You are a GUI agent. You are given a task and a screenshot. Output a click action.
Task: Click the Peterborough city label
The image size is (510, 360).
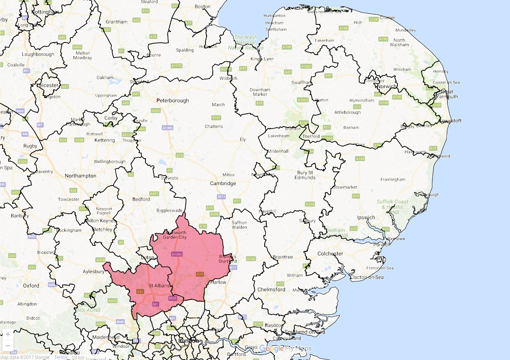pyautogui.click(x=172, y=100)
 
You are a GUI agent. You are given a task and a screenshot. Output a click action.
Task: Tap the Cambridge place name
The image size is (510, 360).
pyautogui.click(x=223, y=184)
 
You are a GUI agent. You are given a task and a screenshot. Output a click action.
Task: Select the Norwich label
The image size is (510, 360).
pyautogui.click(x=387, y=86)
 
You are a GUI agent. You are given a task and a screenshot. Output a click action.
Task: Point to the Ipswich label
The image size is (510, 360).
pyautogui.click(x=366, y=217)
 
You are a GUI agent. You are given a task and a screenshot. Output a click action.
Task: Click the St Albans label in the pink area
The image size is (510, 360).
pyautogui.click(x=158, y=286)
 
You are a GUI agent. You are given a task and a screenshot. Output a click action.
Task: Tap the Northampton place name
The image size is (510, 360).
pyautogui.click(x=80, y=175)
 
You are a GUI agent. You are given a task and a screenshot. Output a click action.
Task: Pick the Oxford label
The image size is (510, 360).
pyautogui.click(x=31, y=286)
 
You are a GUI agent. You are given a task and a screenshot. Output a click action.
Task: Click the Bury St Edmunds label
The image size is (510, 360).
pyautogui.click(x=307, y=176)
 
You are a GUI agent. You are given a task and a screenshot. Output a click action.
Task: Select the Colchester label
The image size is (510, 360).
pyautogui.click(x=329, y=253)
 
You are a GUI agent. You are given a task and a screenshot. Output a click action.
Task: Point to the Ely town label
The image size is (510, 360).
pyautogui.click(x=243, y=139)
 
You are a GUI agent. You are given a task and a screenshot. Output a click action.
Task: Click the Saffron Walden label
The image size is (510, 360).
pyautogui.click(x=239, y=225)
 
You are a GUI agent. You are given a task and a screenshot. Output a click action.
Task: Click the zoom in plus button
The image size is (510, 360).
pyautogui.click(x=8, y=335)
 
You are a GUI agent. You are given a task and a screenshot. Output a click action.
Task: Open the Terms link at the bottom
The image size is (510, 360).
pyautogui.click(x=61, y=357)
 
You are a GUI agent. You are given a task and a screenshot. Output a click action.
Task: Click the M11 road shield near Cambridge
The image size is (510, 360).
pyautogui.click(x=221, y=196)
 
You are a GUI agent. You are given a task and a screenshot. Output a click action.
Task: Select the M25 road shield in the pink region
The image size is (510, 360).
pyautogui.click(x=172, y=298)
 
